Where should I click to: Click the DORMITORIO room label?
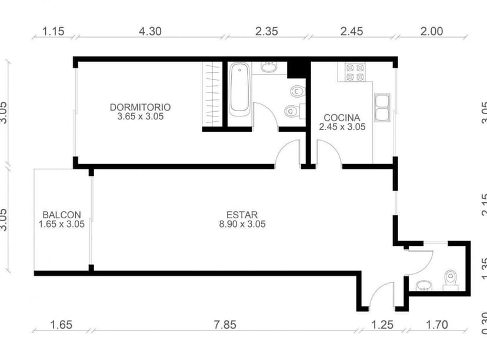(x=140, y=107)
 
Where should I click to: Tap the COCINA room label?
(x=342, y=117)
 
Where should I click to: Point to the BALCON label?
(x=62, y=215)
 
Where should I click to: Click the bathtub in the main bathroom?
(x=239, y=91)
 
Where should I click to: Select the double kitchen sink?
(x=382, y=108)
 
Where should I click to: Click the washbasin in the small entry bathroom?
(x=424, y=286)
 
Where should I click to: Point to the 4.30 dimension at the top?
(x=149, y=32)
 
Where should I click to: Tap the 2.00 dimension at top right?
(x=432, y=32)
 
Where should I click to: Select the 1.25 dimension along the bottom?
(x=383, y=324)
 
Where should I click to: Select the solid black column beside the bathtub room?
(x=298, y=69)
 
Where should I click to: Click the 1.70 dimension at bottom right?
(x=437, y=324)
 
